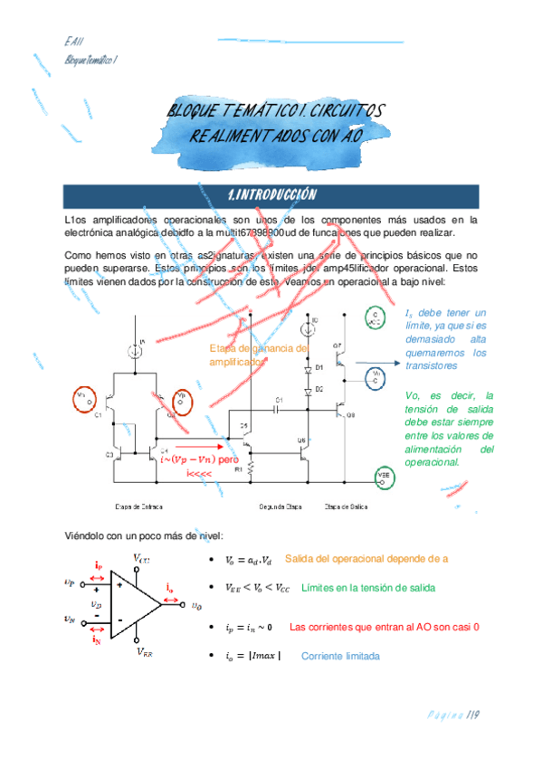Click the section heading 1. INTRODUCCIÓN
271,195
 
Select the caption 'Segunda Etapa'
280,507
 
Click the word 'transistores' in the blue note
431,365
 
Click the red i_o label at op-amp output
169,589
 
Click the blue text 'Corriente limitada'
340,656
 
